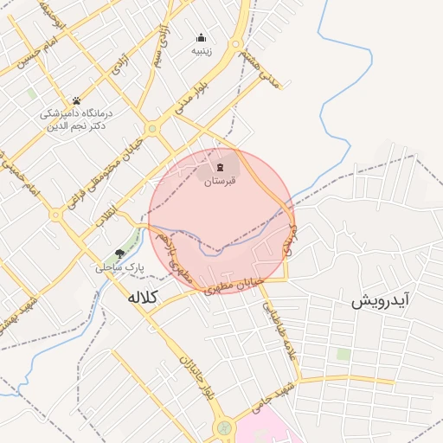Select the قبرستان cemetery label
pos(220,183)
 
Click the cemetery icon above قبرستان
pos(220,167)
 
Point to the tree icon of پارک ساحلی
pos(119,254)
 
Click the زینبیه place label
pos(202,51)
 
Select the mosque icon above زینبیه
pos(202,37)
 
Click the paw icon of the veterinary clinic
pos(76,101)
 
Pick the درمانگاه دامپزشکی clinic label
pos(76,119)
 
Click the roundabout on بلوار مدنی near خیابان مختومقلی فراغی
pos(152,129)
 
